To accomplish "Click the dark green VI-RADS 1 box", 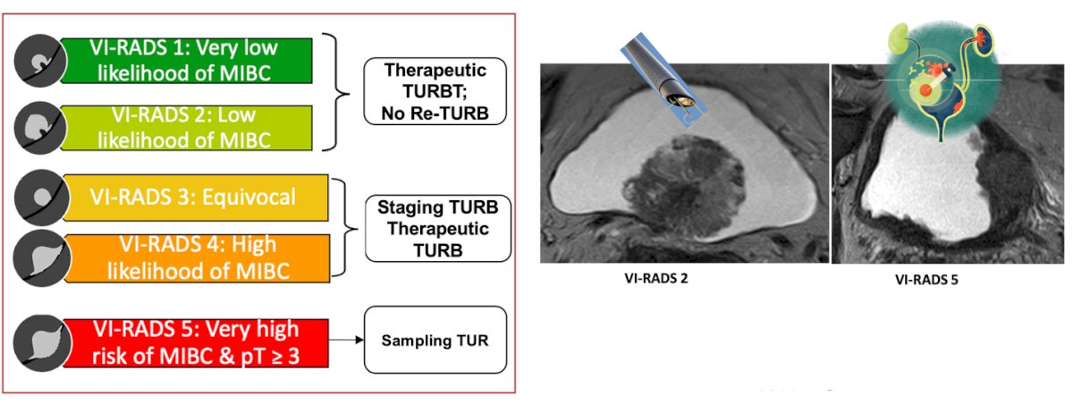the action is click(x=187, y=61).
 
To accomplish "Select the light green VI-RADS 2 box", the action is click(x=187, y=128).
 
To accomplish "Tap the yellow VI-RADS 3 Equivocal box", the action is click(x=196, y=198).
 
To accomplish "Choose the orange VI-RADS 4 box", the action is click(x=197, y=258).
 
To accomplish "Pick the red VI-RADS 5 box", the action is click(x=196, y=342).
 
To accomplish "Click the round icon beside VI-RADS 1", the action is click(x=39, y=61).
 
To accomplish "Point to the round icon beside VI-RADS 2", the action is click(x=39, y=128).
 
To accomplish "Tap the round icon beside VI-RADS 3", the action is click(x=41, y=198).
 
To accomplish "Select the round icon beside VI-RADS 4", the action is click(x=42, y=258).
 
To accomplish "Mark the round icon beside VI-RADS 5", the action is click(x=42, y=343).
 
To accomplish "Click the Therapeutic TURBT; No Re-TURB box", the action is click(x=435, y=91).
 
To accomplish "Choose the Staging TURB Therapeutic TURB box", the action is click(x=438, y=228).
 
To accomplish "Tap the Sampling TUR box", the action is click(x=435, y=340).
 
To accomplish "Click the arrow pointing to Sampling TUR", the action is click(x=346, y=340).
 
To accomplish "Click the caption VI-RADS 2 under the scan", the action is click(x=655, y=279).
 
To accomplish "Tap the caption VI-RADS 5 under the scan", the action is click(x=926, y=280).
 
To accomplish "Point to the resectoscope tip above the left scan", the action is click(x=680, y=98).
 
